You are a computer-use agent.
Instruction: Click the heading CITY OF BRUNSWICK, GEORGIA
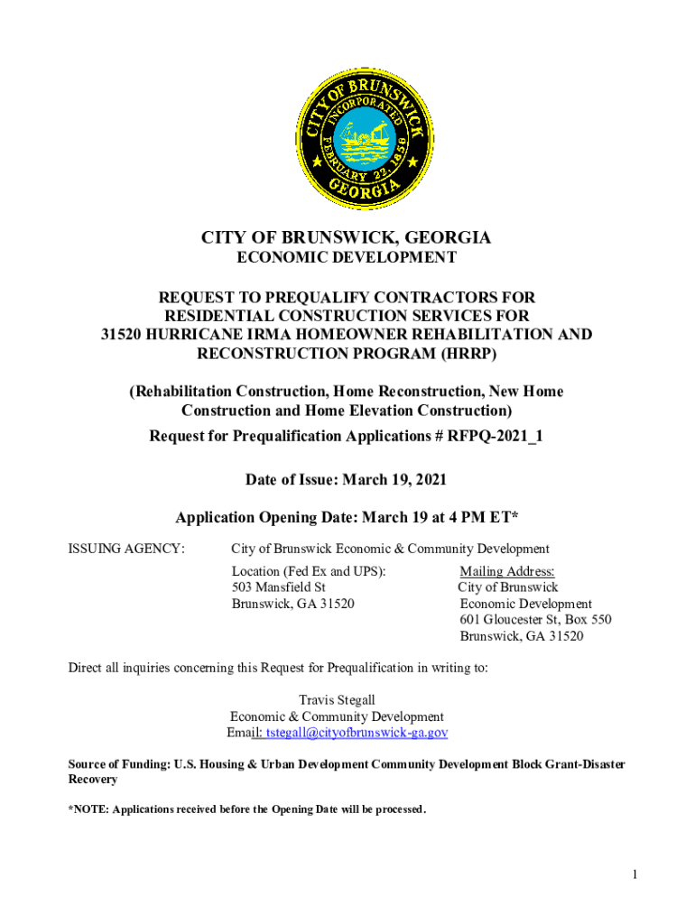click(x=347, y=238)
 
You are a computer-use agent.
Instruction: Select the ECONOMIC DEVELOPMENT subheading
click(x=347, y=258)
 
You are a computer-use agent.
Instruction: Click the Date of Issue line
click(x=347, y=479)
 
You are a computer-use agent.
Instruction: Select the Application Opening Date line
click(x=347, y=518)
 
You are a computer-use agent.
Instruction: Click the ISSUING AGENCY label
click(x=127, y=549)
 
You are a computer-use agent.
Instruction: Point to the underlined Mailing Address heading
click(x=507, y=571)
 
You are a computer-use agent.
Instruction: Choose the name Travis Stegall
click(x=337, y=700)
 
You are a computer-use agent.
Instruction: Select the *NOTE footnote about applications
click(x=247, y=809)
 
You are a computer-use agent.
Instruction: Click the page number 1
click(x=635, y=874)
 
